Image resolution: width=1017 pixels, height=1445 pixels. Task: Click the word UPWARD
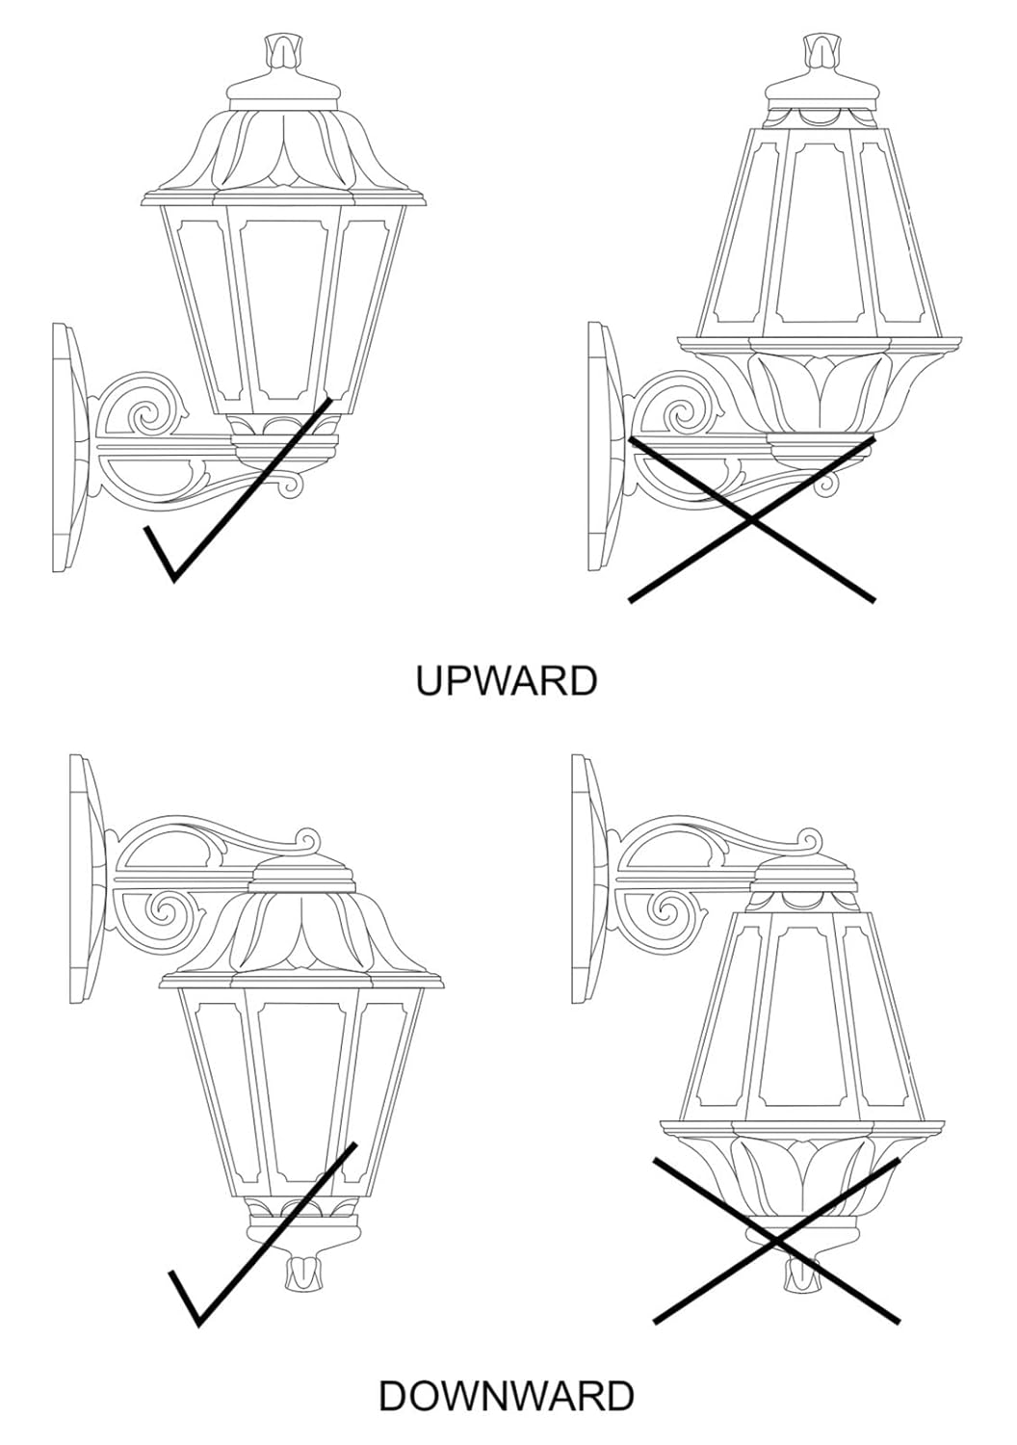pyautogui.click(x=507, y=680)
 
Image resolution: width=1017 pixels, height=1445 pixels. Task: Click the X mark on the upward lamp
pyautogui.click(x=751, y=519)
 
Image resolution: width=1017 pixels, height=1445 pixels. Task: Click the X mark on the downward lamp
pyautogui.click(x=776, y=1242)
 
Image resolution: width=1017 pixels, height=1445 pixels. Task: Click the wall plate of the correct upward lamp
pyautogui.click(x=69, y=447)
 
